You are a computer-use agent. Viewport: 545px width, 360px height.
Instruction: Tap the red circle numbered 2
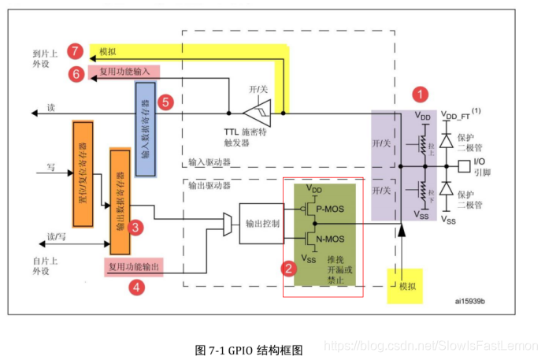(x=289, y=268)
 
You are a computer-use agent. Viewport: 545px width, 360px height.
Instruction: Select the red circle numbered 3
(x=136, y=228)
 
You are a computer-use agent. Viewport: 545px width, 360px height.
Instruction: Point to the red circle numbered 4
(x=137, y=287)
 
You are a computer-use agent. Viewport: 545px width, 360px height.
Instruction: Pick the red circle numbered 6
(x=76, y=74)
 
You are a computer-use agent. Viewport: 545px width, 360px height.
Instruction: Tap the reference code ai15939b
(x=470, y=300)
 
